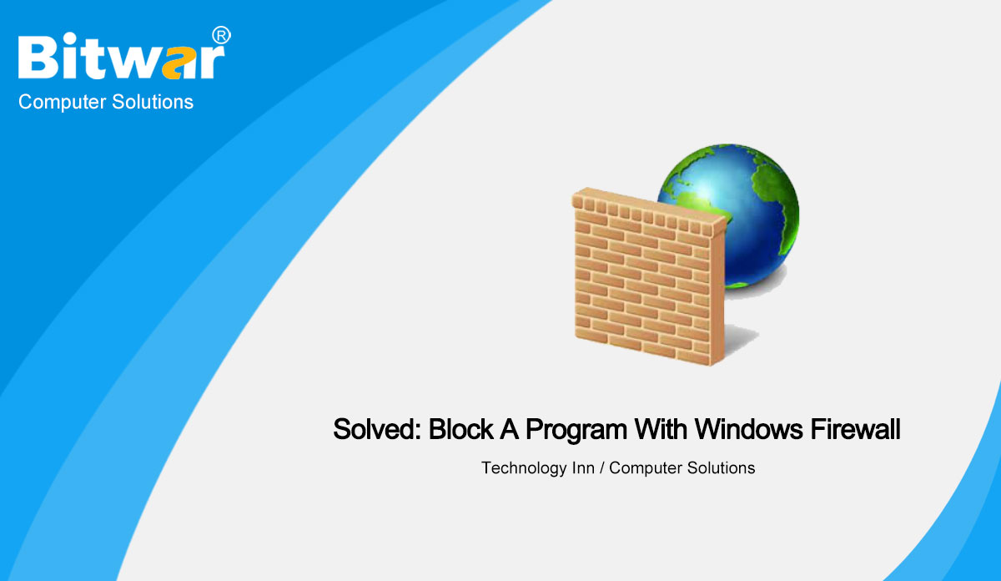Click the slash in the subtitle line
(601, 468)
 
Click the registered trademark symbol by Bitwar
(221, 35)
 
